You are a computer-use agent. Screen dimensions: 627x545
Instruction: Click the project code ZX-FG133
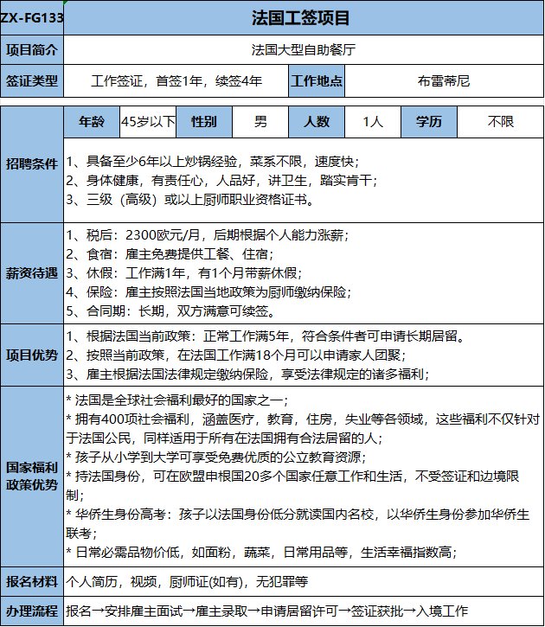pyautogui.click(x=33, y=17)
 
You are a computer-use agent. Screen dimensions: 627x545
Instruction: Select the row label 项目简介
pyautogui.click(x=32, y=49)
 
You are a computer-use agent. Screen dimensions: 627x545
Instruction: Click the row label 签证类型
pyautogui.click(x=32, y=81)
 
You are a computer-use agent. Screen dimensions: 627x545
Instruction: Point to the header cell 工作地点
pyautogui.click(x=317, y=81)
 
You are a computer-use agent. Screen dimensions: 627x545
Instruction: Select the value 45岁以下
pyautogui.click(x=148, y=122)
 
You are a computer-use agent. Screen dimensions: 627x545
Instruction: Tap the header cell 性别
pyautogui.click(x=204, y=122)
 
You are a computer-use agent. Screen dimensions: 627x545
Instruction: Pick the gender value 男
pyautogui.click(x=260, y=122)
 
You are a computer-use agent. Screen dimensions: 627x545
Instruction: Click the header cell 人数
pyautogui.click(x=317, y=122)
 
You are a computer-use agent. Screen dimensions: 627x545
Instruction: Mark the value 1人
pyautogui.click(x=373, y=122)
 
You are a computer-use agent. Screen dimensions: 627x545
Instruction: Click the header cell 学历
pyautogui.click(x=429, y=122)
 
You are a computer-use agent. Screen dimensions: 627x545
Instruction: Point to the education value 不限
pyautogui.click(x=499, y=122)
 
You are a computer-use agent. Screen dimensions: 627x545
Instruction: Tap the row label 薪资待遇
pyautogui.click(x=32, y=272)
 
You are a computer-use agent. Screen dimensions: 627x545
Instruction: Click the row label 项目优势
pyautogui.click(x=32, y=355)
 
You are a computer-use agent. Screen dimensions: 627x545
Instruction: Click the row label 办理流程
pyautogui.click(x=32, y=611)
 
